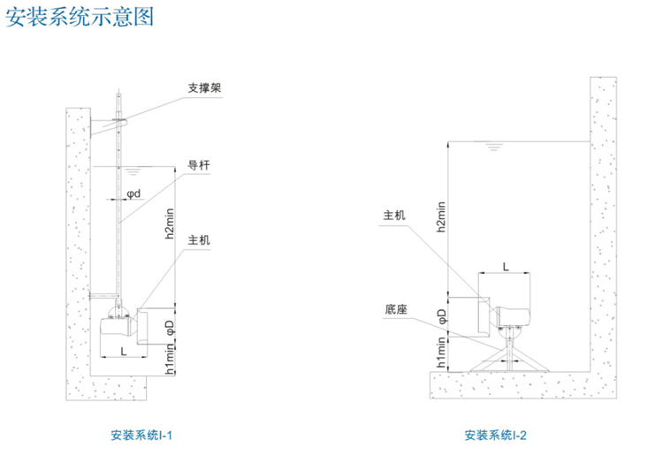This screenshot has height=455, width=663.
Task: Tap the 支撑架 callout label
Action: click(x=204, y=87)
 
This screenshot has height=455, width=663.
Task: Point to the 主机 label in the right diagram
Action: click(x=394, y=215)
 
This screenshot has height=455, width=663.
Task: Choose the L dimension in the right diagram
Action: click(x=505, y=266)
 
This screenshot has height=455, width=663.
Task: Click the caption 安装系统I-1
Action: click(x=141, y=435)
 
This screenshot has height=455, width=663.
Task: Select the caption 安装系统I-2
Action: click(x=495, y=435)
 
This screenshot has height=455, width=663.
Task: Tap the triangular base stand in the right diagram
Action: click(x=508, y=357)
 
